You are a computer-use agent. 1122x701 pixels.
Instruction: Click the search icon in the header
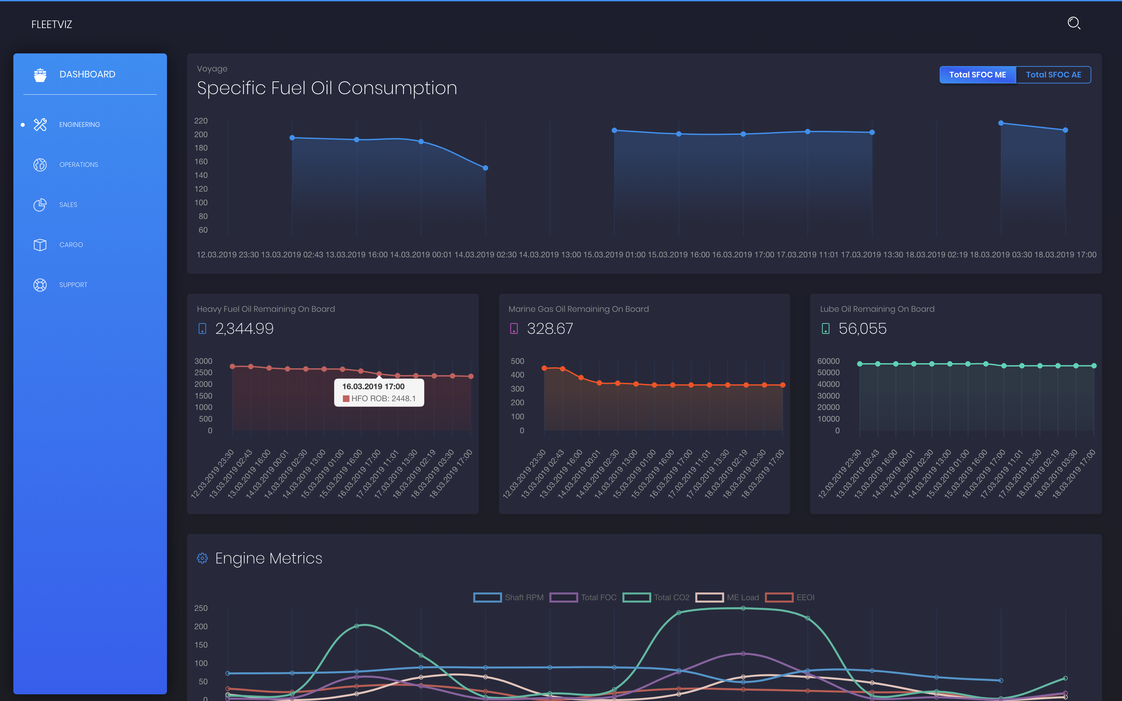pyautogui.click(x=1074, y=23)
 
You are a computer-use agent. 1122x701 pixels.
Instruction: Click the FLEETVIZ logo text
pyautogui.click(x=51, y=25)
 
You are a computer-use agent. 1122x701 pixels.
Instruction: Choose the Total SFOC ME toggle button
pyautogui.click(x=977, y=75)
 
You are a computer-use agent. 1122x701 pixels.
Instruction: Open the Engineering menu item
pyautogui.click(x=79, y=125)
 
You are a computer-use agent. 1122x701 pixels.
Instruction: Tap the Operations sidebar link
pyautogui.click(x=78, y=165)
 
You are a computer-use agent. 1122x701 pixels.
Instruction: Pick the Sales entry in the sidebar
pyautogui.click(x=68, y=204)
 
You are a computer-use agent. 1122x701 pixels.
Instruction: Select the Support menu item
pyautogui.click(x=73, y=285)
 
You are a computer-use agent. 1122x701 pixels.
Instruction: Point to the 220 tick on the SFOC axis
pyautogui.click(x=201, y=121)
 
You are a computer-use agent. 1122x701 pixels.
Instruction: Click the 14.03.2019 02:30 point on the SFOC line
pyautogui.click(x=486, y=168)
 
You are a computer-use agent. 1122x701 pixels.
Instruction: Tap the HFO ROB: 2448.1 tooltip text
pyautogui.click(x=383, y=399)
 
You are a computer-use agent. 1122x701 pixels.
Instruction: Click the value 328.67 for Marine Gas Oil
pyautogui.click(x=550, y=329)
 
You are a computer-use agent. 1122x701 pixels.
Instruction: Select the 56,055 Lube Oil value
pyautogui.click(x=862, y=329)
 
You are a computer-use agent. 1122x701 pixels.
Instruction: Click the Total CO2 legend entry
pyautogui.click(x=657, y=598)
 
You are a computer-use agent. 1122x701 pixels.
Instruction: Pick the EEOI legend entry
pyautogui.click(x=790, y=598)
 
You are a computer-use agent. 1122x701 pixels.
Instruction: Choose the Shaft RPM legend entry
pyautogui.click(x=509, y=598)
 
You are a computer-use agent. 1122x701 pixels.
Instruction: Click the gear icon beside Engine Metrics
pyautogui.click(x=202, y=558)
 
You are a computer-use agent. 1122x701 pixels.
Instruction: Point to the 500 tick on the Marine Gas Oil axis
pyautogui.click(x=517, y=361)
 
